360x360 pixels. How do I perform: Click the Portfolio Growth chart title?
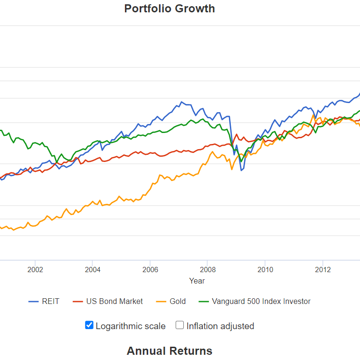pyautogui.click(x=169, y=9)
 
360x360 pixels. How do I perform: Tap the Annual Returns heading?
pyautogui.click(x=169, y=351)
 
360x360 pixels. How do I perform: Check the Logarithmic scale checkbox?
pyautogui.click(x=89, y=325)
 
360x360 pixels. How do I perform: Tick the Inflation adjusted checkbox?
pyautogui.click(x=180, y=325)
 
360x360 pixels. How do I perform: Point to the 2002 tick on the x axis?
pyautogui.click(x=35, y=270)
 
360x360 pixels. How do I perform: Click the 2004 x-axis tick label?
pyautogui.click(x=93, y=270)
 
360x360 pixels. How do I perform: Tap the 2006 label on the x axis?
pyautogui.click(x=150, y=270)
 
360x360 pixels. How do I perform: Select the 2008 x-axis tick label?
pyautogui.click(x=208, y=270)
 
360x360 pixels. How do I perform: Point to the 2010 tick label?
pyautogui.click(x=265, y=270)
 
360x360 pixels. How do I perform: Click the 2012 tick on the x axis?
pyautogui.click(x=323, y=270)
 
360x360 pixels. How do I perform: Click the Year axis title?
pyautogui.click(x=197, y=281)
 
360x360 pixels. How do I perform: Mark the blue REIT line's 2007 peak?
pyautogui.click(x=181, y=102)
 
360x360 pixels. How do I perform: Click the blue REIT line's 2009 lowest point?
pyautogui.click(x=241, y=170)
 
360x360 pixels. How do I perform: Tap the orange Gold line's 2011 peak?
pyautogui.click(x=313, y=115)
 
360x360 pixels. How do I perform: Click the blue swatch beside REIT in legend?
pyautogui.click(x=33, y=302)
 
